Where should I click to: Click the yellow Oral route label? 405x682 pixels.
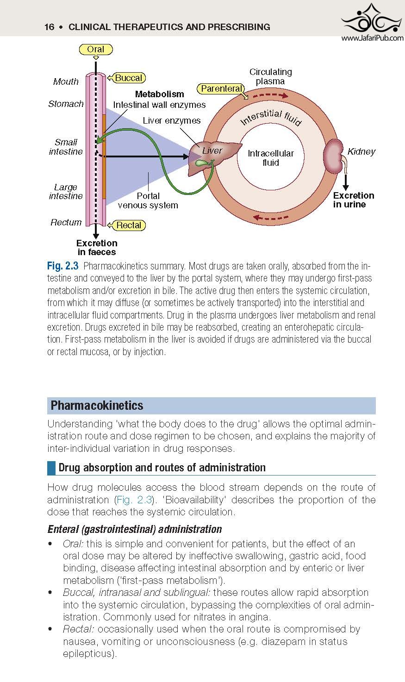(96, 50)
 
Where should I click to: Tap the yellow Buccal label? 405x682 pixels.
(128, 78)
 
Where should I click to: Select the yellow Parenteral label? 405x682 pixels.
(221, 88)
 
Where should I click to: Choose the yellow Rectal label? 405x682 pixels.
(128, 225)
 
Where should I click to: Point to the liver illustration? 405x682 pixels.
(213, 157)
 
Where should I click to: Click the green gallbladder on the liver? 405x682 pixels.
(202, 163)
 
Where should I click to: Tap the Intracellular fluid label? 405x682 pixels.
(270, 158)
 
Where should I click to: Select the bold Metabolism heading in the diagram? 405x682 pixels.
(159, 94)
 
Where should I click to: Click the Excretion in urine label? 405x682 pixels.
(353, 200)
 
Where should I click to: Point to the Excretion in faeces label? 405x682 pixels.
(97, 248)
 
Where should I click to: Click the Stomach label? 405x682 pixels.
(66, 104)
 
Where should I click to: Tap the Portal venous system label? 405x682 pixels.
(148, 200)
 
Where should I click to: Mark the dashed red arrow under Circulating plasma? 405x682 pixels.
(270, 95)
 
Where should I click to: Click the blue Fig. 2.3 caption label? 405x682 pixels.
(62, 266)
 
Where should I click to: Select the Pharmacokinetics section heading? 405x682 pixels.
(97, 406)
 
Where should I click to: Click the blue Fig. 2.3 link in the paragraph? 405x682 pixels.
(134, 500)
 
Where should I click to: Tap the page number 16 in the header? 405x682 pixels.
(49, 27)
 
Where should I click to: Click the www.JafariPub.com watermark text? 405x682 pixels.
(373, 38)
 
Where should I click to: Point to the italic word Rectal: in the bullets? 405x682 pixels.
(79, 629)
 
